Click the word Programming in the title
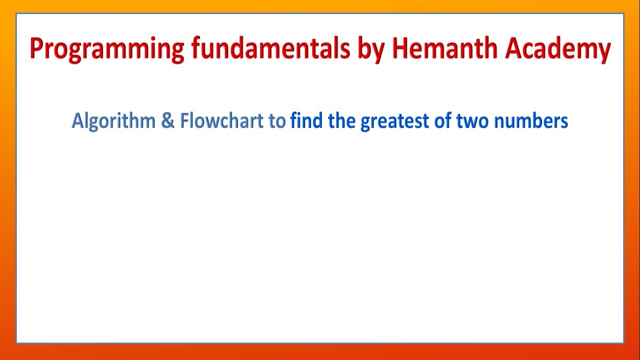coord(107,49)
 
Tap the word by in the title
coord(370,49)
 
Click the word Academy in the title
coord(557,49)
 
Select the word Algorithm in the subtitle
coord(113,121)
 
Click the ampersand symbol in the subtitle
coord(167,121)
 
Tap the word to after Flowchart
coord(277,121)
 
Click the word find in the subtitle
coord(306,121)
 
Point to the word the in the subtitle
coord(341,121)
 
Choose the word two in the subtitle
coord(472,121)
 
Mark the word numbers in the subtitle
coord(530,121)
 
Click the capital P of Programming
coord(35,48)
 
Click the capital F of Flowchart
coord(183,121)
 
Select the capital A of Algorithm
coord(77,121)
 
